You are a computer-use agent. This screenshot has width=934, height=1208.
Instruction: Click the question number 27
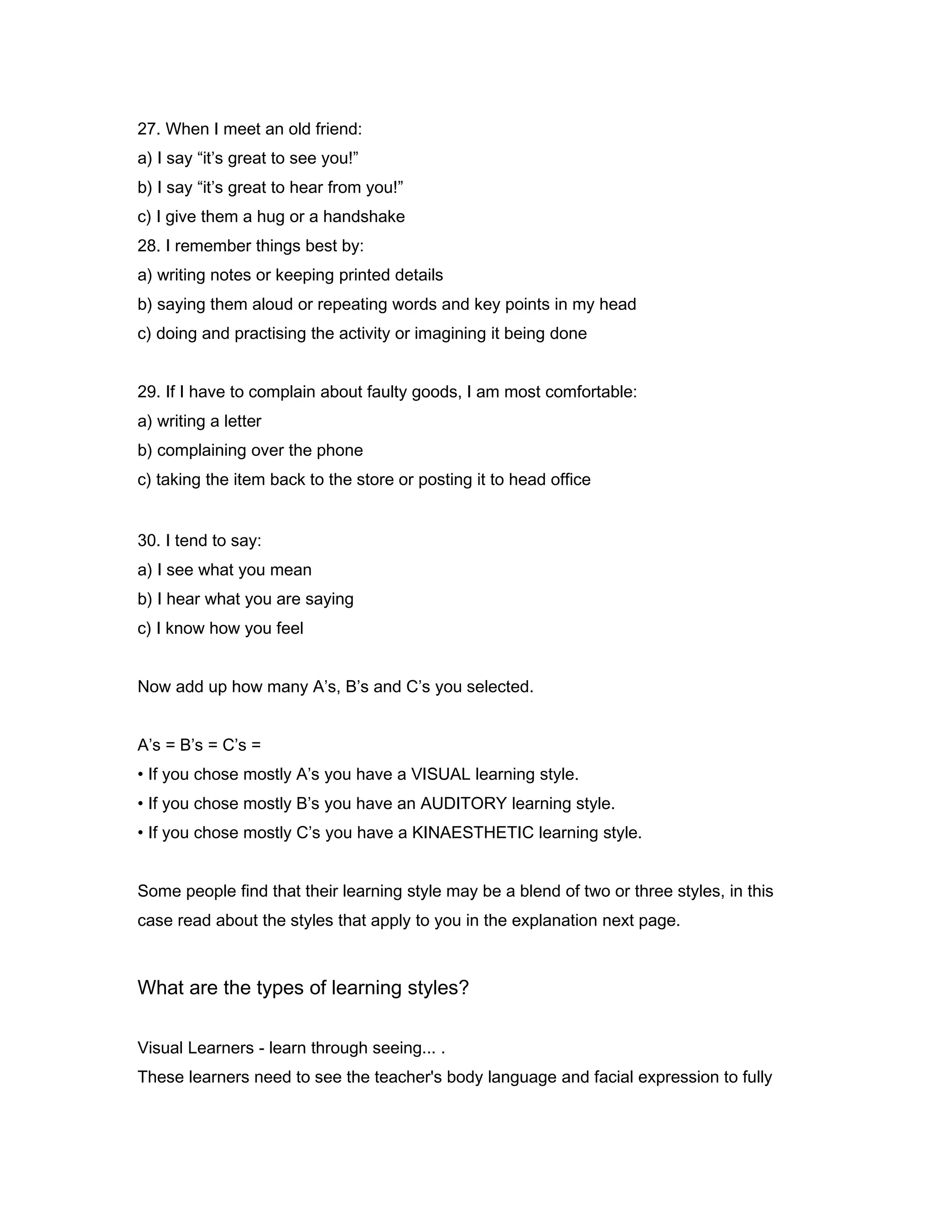point(148,129)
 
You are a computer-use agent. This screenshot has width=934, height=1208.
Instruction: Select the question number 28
point(148,246)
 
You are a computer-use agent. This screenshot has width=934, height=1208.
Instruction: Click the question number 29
point(148,392)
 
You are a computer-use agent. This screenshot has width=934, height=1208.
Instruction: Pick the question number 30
point(148,541)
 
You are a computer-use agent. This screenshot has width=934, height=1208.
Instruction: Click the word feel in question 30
point(291,629)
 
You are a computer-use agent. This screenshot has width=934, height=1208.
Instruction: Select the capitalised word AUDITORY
point(463,804)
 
